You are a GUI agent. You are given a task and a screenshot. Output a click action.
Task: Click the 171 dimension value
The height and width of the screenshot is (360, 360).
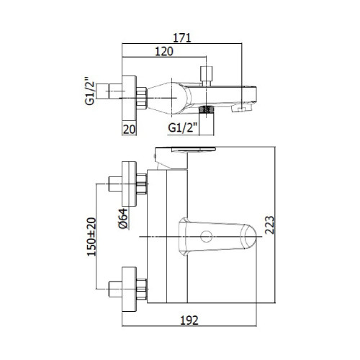182,38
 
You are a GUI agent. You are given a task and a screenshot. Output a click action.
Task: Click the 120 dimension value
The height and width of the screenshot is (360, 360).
164,52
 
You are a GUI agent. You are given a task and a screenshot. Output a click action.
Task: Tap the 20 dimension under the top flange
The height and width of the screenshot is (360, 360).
129,130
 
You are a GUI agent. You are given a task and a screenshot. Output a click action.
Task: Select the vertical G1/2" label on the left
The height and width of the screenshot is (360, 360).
90,91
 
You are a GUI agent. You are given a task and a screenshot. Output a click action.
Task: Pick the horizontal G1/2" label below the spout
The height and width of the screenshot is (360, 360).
183,127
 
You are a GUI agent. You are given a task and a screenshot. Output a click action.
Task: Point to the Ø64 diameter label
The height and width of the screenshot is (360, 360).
123,218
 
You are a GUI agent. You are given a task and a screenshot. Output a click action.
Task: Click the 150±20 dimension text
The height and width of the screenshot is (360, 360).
91,237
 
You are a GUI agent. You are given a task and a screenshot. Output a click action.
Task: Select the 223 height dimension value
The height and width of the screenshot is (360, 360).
269,225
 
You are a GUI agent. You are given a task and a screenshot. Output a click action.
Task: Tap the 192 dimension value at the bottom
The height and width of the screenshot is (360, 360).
189,320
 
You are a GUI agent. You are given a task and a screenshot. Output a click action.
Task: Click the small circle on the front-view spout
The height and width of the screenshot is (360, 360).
207,236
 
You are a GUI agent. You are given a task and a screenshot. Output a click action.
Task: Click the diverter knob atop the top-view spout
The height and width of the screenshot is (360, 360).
207,76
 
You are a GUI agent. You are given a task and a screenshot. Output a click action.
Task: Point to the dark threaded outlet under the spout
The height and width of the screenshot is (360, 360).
207,109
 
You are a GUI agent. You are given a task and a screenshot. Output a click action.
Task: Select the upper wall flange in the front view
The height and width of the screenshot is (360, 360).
129,184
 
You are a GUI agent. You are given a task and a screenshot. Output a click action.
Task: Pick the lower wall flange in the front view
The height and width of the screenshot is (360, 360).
129,289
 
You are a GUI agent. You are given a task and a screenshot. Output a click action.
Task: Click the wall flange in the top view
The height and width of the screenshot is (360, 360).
129,98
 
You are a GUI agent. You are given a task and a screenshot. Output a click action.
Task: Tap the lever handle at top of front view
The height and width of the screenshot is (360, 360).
185,149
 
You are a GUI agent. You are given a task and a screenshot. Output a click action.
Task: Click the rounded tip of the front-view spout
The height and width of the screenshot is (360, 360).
250,236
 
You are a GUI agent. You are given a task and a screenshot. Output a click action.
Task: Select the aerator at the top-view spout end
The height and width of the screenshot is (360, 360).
242,108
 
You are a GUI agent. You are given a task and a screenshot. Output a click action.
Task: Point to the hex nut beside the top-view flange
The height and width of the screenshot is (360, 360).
142,98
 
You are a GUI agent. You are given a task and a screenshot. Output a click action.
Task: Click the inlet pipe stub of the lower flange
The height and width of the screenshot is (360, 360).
115,289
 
